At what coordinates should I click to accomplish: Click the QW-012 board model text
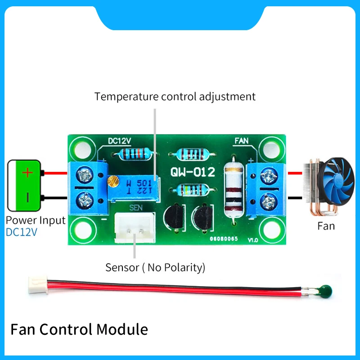tap(193, 171)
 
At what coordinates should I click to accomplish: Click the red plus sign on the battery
tap(28, 172)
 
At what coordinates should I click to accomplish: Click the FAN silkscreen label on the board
tap(242, 141)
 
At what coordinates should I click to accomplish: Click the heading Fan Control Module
tap(79, 329)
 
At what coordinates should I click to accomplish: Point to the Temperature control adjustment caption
tap(175, 96)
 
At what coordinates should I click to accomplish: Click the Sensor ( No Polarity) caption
tap(155, 267)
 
